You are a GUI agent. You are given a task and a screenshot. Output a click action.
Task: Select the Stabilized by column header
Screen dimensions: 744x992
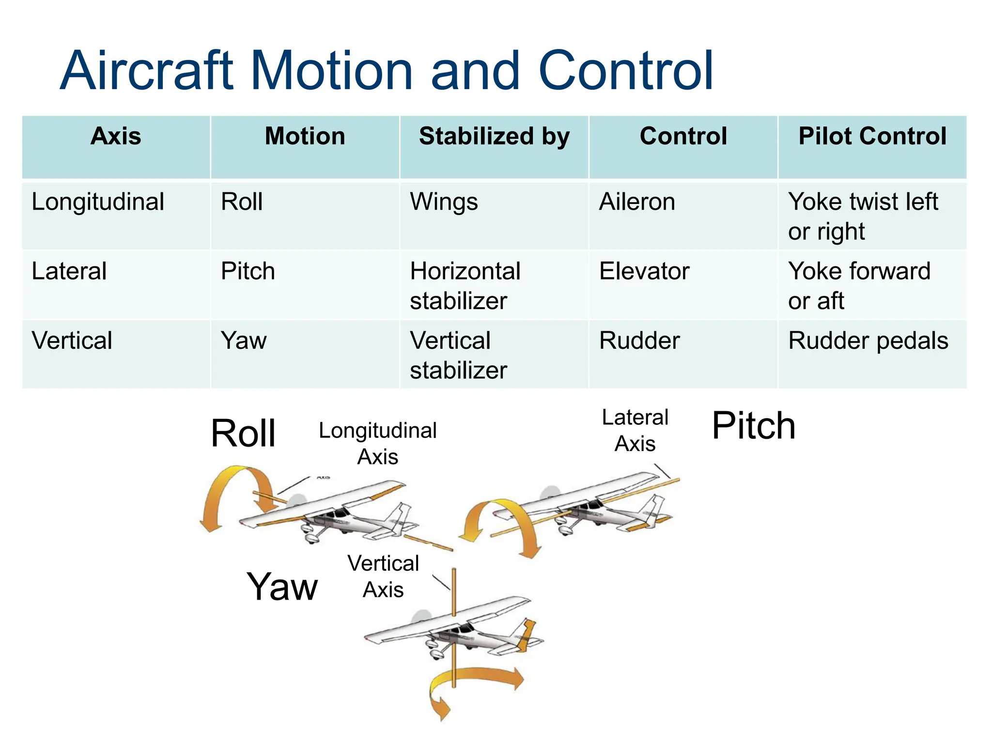click(494, 136)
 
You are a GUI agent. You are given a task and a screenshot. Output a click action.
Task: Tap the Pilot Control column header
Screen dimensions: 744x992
click(872, 136)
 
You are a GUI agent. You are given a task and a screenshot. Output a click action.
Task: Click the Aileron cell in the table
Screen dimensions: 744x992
click(637, 202)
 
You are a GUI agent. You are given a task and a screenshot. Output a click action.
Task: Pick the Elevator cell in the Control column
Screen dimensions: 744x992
click(644, 271)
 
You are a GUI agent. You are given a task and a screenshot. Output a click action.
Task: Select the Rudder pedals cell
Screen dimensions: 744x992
click(868, 341)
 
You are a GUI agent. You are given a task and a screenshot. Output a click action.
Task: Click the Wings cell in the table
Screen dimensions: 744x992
click(444, 202)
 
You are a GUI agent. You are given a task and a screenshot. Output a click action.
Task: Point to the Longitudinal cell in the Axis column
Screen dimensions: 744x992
click(98, 202)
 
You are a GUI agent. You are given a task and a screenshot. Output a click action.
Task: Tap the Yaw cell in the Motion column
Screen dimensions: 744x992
click(244, 341)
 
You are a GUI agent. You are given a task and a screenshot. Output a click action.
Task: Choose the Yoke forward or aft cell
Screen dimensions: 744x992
click(859, 286)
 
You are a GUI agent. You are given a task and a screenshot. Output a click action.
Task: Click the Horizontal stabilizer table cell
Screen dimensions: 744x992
click(465, 286)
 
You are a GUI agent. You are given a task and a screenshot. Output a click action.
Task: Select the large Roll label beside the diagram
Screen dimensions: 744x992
click(243, 434)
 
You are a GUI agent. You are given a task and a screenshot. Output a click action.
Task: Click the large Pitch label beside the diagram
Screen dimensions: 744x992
click(754, 426)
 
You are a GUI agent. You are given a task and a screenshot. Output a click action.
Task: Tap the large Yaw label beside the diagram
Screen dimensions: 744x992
click(282, 587)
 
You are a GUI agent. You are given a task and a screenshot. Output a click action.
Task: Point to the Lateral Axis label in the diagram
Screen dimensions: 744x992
click(635, 431)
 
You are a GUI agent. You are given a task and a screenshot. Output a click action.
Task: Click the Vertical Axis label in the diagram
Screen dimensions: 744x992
click(383, 576)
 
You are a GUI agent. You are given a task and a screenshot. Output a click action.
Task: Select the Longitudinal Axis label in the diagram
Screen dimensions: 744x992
click(378, 444)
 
